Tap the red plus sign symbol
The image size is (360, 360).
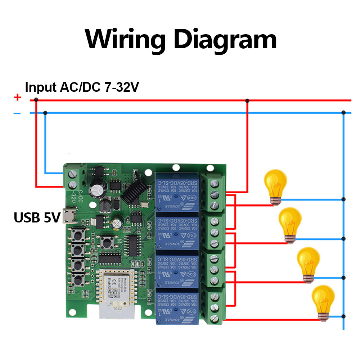click(17, 98)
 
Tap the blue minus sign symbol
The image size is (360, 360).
click(17, 113)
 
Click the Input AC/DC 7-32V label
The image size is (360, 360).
click(82, 87)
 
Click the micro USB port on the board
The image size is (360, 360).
click(67, 216)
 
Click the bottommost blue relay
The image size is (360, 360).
click(177, 306)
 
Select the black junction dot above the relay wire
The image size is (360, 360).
click(247, 100)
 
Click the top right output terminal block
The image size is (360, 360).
click(214, 194)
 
